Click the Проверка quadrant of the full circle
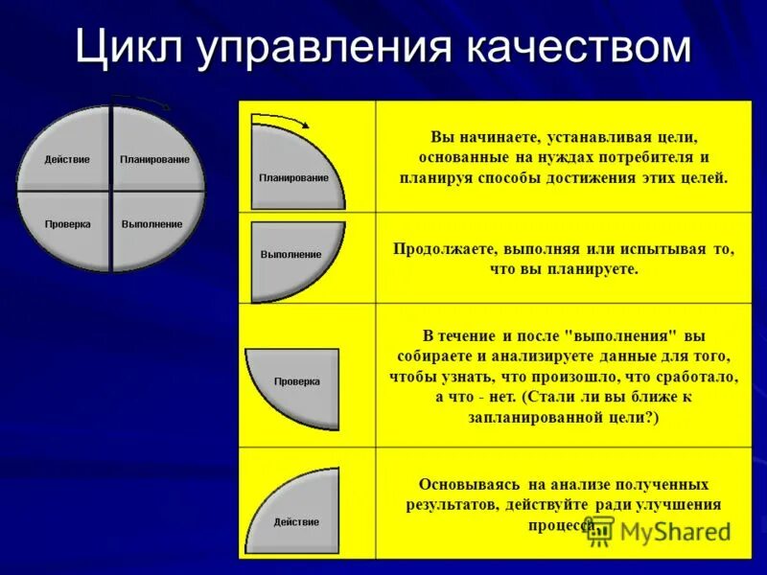[67, 226]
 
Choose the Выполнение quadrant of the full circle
[153, 226]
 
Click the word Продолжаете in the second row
[443, 249]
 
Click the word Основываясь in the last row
[464, 485]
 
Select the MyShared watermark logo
[656, 531]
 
